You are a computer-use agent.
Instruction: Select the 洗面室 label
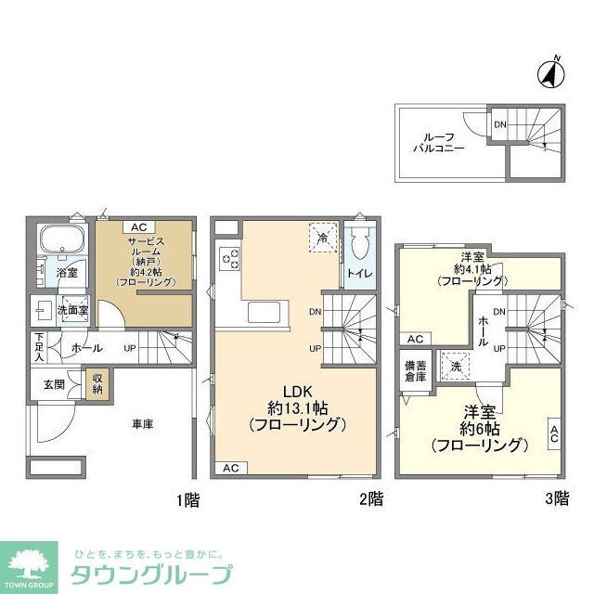67,309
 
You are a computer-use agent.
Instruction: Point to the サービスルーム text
147,246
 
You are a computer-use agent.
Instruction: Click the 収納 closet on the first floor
96,384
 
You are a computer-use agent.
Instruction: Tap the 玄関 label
53,383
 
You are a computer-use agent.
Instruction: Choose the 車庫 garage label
142,425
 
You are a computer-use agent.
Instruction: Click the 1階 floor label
187,499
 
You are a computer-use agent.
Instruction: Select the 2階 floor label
370,499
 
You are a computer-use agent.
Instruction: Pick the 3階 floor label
556,499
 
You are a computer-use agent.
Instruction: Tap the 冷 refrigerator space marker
321,237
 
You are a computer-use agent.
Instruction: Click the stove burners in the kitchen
228,260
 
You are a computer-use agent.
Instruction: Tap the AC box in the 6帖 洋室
554,433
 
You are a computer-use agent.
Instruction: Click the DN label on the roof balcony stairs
500,124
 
